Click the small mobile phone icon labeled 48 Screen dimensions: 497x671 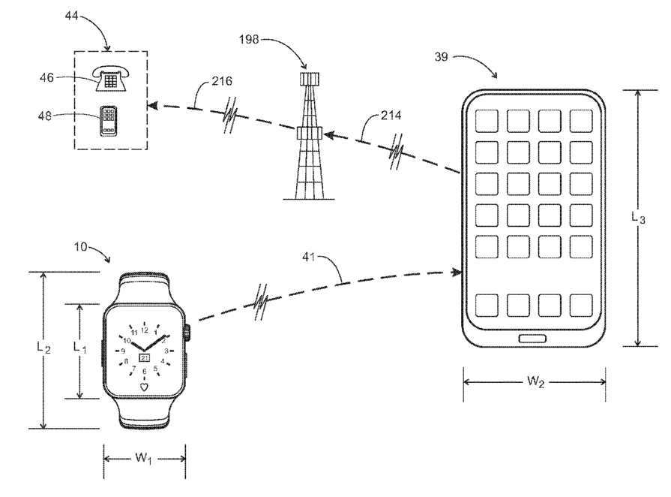tap(109, 119)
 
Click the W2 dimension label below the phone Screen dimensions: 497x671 tap(535, 381)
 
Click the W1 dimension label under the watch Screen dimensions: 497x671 tap(144, 458)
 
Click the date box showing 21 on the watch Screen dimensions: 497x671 tap(145, 358)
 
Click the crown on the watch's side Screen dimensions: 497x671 tap(187, 333)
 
